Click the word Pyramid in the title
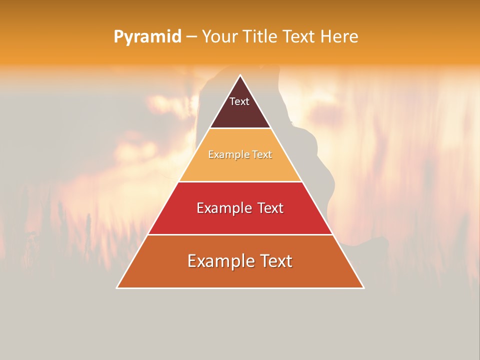(x=147, y=37)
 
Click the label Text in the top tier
(x=239, y=101)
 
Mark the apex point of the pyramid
(x=240, y=76)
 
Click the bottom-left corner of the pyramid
(x=117, y=287)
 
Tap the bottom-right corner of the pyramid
(x=363, y=287)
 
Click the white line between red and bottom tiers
(x=240, y=234)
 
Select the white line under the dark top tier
(x=240, y=128)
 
